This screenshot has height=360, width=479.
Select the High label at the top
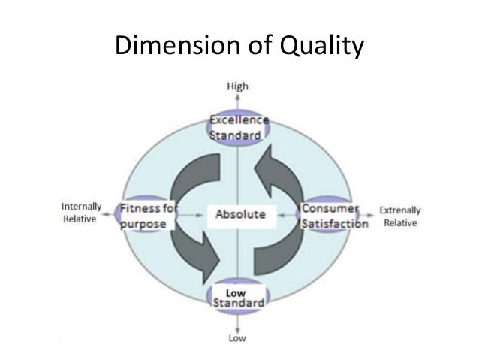[x=236, y=87]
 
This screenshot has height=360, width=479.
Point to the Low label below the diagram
[x=236, y=338]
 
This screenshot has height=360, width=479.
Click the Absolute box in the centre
[x=240, y=214]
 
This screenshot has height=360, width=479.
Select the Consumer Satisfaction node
[x=333, y=215]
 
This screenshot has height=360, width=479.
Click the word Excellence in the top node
[x=238, y=121]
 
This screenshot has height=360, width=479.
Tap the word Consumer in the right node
[x=330, y=207]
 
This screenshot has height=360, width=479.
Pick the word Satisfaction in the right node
[x=335, y=223]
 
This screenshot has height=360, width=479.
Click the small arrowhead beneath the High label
[x=236, y=98]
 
